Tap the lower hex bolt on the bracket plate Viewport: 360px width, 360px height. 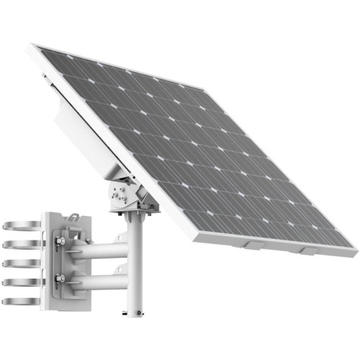pos(60,278)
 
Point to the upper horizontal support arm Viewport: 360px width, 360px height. pos(97,251)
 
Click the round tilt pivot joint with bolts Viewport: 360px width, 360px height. pos(119,194)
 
